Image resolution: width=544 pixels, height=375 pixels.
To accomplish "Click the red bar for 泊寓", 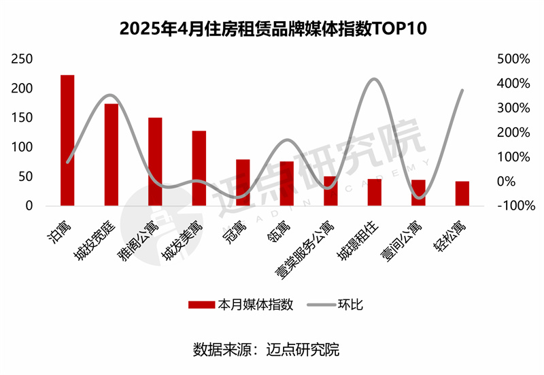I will pos(67,140).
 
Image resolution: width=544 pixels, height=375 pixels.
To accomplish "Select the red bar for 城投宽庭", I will pos(111,154).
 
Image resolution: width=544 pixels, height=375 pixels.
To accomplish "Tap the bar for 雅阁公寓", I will pos(155,161).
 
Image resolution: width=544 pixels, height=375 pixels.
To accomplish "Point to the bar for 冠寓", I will pos(243,182).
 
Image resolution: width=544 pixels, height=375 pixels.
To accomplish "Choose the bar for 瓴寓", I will pos(286,183).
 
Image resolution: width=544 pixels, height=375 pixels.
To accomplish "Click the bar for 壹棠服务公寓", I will pos(330,191).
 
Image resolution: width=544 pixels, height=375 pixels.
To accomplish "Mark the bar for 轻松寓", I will pos(462,193).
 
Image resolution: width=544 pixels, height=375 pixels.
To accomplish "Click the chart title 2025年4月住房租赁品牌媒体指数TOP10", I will pos(271,30).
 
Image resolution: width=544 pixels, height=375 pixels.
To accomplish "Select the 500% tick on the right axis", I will pos(513,59).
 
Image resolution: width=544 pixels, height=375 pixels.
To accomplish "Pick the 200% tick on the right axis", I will pos(513,132).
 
